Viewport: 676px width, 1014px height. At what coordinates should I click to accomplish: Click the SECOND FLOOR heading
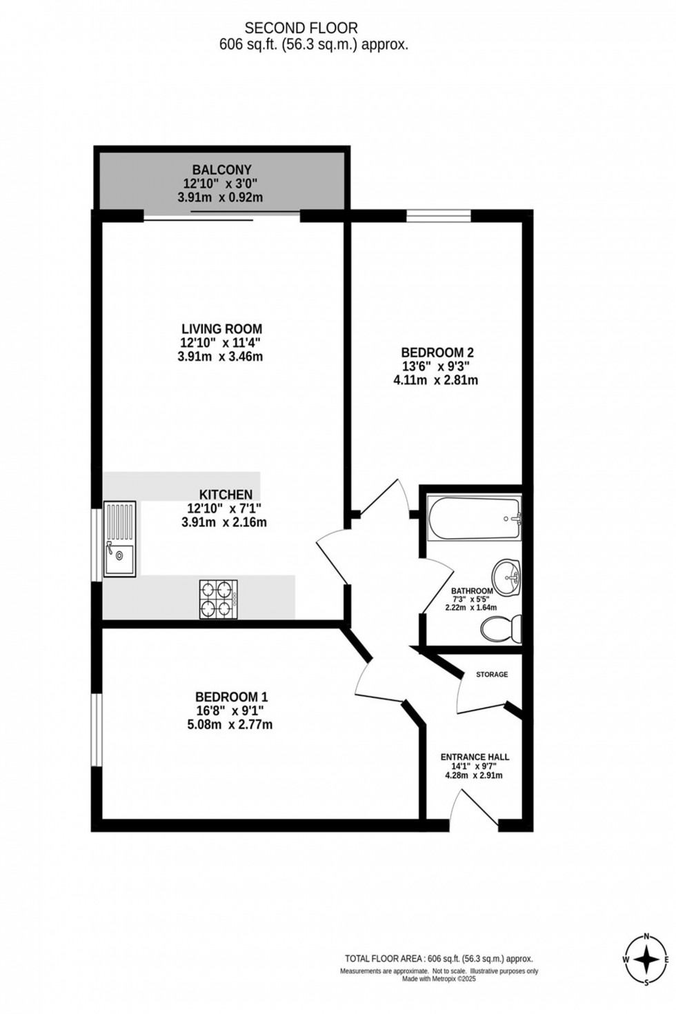pos(301,28)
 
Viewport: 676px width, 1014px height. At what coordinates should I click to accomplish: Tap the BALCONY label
pos(221,170)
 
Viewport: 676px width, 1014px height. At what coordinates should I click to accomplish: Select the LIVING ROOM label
pos(221,329)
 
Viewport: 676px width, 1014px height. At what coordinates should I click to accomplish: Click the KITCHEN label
pos(226,495)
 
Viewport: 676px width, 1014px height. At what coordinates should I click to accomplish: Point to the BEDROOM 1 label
pos(231,697)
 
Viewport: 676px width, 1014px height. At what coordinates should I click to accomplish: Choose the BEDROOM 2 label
pos(437,352)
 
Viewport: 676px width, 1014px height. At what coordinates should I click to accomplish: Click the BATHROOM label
pos(472,591)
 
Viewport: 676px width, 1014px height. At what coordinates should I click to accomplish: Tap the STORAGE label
pos(492,674)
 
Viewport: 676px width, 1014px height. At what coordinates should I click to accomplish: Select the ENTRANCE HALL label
pos(475,757)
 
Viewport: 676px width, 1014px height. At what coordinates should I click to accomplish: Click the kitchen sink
pos(119,539)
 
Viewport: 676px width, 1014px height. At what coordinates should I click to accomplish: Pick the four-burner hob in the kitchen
pos(218,599)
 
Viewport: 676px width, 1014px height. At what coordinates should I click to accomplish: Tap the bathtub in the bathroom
pos(474,519)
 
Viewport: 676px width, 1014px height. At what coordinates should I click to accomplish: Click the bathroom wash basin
pos(507,576)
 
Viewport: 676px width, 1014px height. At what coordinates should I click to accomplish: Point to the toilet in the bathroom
pos(501,629)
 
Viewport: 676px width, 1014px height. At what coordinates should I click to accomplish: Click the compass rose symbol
pos(646,960)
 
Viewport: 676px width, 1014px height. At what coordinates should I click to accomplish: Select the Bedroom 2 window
pos(439,215)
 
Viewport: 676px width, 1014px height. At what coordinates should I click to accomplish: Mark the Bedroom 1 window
pos(97,729)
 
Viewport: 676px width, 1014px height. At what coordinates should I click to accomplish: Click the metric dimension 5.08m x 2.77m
pos(230,724)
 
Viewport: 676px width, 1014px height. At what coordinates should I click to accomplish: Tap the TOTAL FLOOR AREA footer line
pos(439,959)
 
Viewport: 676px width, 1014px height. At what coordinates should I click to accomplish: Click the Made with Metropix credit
pos(439,979)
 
